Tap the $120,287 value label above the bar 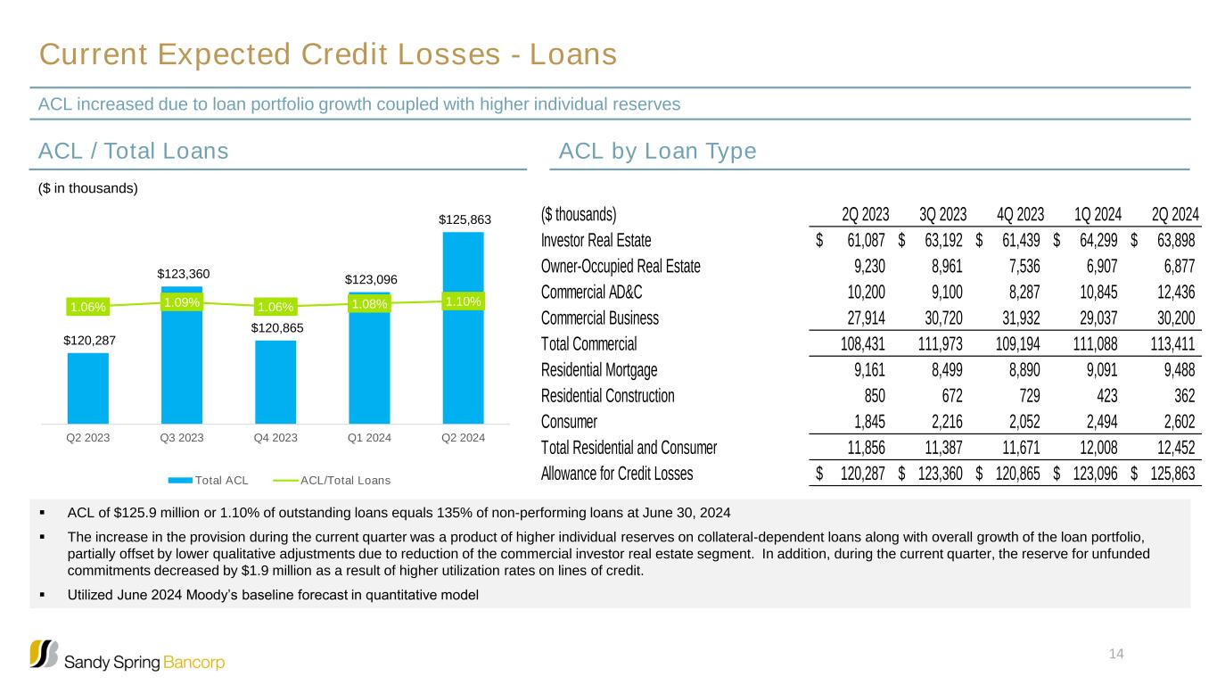pos(88,339)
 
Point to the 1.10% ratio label pos(463,301)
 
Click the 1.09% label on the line pos(182,302)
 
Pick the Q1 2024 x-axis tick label pos(369,438)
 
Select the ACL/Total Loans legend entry pos(345,481)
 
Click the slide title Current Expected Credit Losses pos(328,55)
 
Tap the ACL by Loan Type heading pos(657,152)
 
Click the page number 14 pos(1116,655)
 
